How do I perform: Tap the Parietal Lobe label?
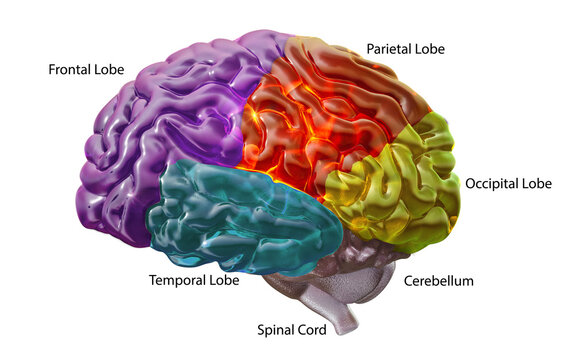pos(405,48)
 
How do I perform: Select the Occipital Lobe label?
pos(509,184)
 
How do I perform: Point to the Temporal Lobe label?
pos(194,281)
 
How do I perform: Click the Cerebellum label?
pos(438,281)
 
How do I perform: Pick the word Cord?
pos(310,329)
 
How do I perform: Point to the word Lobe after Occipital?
pos(539,184)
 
